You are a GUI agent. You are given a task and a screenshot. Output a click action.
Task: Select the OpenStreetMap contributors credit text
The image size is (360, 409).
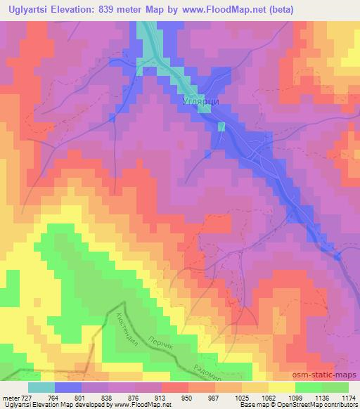(313, 405)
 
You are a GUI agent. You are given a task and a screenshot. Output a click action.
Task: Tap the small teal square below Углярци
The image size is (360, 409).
(221, 126)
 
